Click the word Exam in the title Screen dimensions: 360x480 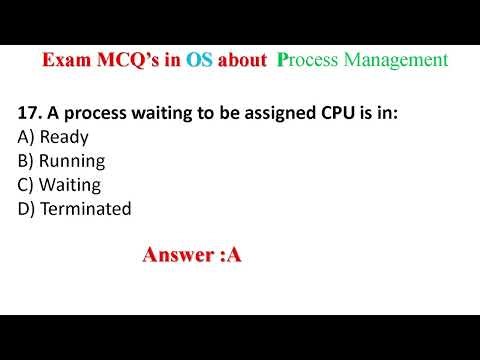pyautogui.click(x=65, y=60)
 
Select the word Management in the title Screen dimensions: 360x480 pyautogui.click(x=396, y=60)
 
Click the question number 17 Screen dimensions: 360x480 pyautogui.click(x=29, y=113)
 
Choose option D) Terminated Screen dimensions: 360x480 pyautogui.click(x=74, y=208)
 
